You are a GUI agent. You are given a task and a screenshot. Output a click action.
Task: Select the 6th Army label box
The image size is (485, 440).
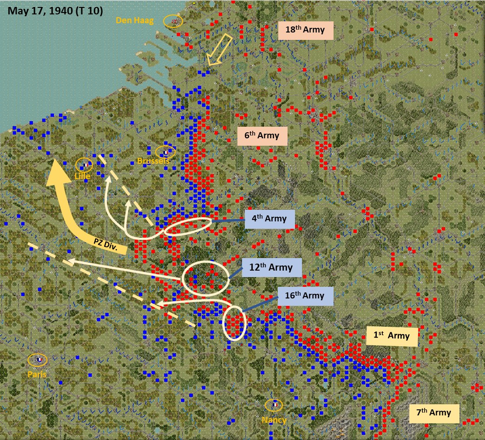pos(262,136)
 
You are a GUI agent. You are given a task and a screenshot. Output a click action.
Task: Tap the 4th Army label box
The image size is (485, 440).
pos(270,219)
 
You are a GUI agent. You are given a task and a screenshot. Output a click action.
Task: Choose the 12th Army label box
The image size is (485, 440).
pos(272,267)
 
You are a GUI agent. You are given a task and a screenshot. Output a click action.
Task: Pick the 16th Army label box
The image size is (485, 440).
pos(306,296)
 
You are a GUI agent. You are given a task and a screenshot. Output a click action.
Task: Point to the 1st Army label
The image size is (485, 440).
pos(392,336)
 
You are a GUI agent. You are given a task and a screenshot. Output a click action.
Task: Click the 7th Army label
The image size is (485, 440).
pos(434,413)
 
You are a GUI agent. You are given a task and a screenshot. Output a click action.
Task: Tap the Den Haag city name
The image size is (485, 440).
pos(135,20)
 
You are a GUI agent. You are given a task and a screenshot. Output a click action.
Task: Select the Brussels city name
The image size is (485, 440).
pos(153,161)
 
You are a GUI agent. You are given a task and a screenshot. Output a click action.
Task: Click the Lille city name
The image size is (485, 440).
pos(82,176)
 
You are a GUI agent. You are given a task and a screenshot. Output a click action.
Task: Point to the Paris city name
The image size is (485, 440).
pos(37,374)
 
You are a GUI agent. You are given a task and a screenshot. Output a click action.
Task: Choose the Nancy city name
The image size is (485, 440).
pos(274,420)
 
